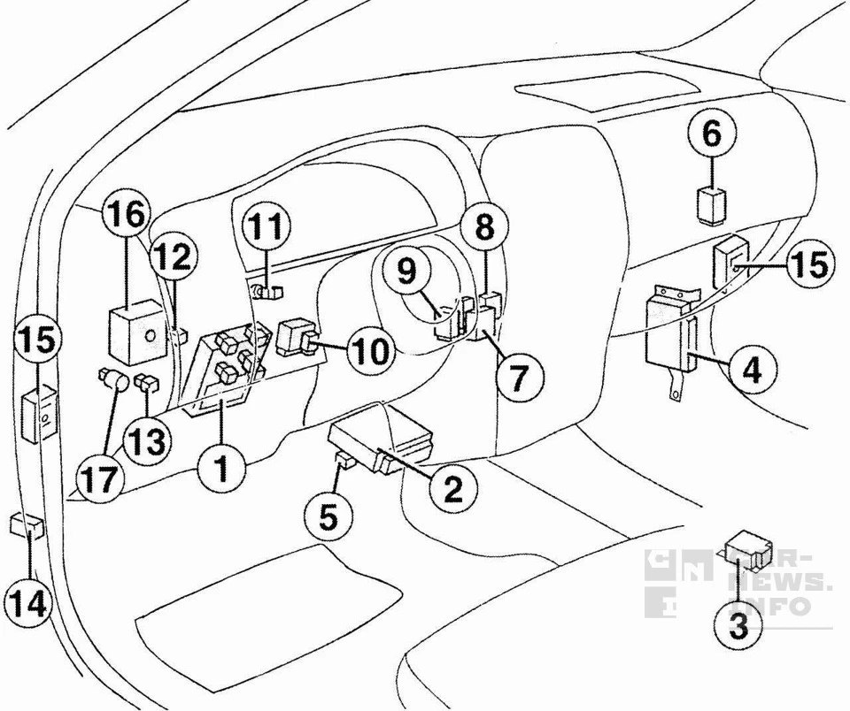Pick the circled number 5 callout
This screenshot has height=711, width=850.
(x=328, y=516)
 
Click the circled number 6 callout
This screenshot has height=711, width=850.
(x=712, y=134)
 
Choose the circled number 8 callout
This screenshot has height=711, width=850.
(x=484, y=228)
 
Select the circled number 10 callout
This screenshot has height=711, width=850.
(x=367, y=351)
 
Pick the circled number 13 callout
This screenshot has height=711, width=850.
(x=144, y=439)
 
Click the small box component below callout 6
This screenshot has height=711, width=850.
(x=712, y=203)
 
